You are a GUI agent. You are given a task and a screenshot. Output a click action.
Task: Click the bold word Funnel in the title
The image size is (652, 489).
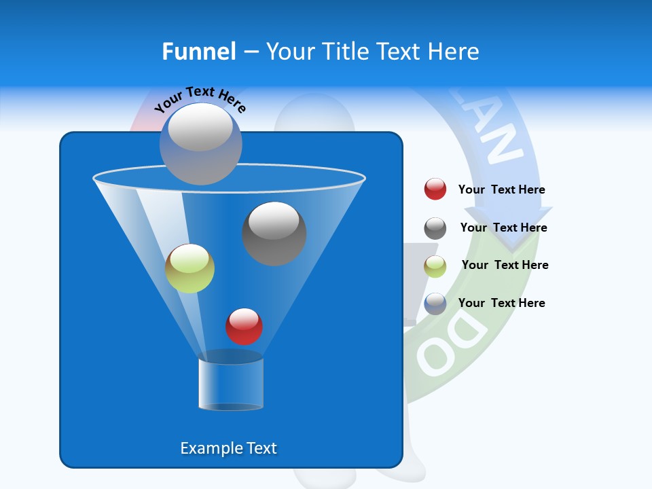pyautogui.click(x=198, y=52)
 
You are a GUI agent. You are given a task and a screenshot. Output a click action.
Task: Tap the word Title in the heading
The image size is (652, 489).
pyautogui.click(x=346, y=52)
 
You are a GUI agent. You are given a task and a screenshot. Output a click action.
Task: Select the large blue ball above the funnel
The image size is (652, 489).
pyautogui.click(x=200, y=143)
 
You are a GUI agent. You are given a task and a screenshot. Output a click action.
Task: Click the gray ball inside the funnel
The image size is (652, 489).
pyautogui.click(x=274, y=233)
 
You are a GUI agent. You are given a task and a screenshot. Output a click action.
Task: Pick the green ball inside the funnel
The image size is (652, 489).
pyautogui.click(x=189, y=268)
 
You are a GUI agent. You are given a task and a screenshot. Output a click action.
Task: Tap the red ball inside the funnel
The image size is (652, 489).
pyautogui.click(x=244, y=326)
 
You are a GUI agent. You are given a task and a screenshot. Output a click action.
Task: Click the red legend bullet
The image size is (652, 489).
pyautogui.click(x=435, y=189)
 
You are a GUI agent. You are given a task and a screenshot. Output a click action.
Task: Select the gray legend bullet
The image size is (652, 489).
pyautogui.click(x=435, y=228)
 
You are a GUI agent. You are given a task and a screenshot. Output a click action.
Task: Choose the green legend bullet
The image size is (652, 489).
pyautogui.click(x=435, y=266)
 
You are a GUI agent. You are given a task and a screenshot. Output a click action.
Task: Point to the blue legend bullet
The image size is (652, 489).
pyautogui.click(x=435, y=304)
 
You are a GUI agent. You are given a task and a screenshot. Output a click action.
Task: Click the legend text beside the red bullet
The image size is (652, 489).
pyautogui.click(x=501, y=190)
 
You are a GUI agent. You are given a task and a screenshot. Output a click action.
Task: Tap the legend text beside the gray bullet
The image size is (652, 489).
pyautogui.click(x=503, y=228)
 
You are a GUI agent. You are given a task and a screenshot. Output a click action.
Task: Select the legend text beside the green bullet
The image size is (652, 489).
pyautogui.click(x=505, y=266)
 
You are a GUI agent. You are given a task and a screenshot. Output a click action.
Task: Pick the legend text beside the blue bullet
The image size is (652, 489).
pyautogui.click(x=501, y=303)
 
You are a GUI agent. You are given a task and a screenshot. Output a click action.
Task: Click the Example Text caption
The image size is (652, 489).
pyautogui.click(x=228, y=448)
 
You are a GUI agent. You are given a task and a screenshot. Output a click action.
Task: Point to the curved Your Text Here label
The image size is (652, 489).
pyautogui.click(x=200, y=99)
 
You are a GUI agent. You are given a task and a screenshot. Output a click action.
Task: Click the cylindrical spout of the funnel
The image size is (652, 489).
pyautogui.click(x=231, y=384)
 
